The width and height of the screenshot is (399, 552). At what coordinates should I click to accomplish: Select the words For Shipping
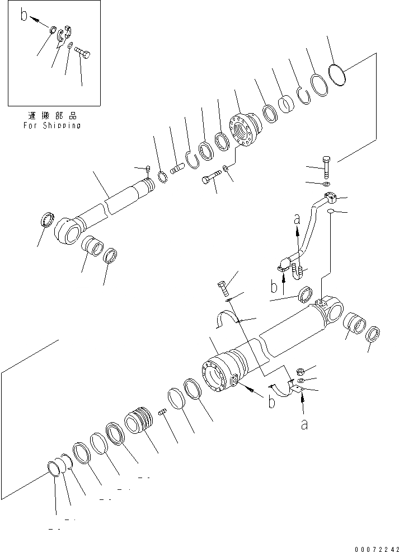pyautogui.click(x=52, y=125)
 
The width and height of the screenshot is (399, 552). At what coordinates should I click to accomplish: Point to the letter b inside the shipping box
pyautogui.click(x=24, y=15)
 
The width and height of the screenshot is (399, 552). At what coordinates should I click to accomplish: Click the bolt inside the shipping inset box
pyautogui.click(x=83, y=53)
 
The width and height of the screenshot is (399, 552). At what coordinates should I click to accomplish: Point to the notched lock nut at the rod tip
pyautogui.click(x=164, y=177)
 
